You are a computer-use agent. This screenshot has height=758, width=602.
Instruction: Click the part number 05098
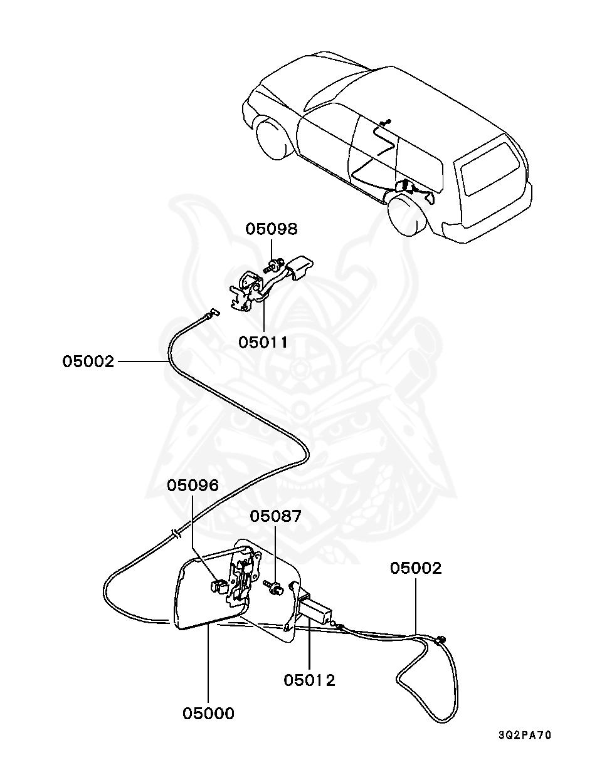(x=271, y=229)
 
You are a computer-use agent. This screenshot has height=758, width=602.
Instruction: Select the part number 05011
(x=263, y=343)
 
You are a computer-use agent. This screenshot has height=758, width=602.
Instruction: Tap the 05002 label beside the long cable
(x=88, y=361)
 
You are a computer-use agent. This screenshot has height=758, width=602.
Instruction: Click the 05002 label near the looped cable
(x=416, y=568)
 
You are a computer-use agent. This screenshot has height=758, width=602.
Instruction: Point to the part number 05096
(x=193, y=485)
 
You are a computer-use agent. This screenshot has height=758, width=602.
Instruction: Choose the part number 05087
(x=276, y=516)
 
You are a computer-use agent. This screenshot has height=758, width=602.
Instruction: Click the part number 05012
(x=309, y=680)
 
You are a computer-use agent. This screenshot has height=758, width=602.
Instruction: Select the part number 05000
(x=208, y=713)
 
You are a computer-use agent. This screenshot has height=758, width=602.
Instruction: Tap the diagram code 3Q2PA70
(x=525, y=735)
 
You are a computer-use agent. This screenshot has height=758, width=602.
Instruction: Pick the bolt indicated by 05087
(x=273, y=587)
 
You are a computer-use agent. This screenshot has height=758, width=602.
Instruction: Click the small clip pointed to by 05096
(x=218, y=587)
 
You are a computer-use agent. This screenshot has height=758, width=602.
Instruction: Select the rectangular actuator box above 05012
(x=317, y=609)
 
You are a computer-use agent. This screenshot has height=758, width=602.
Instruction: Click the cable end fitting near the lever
(x=214, y=313)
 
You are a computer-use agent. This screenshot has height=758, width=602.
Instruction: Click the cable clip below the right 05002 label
(x=441, y=640)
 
